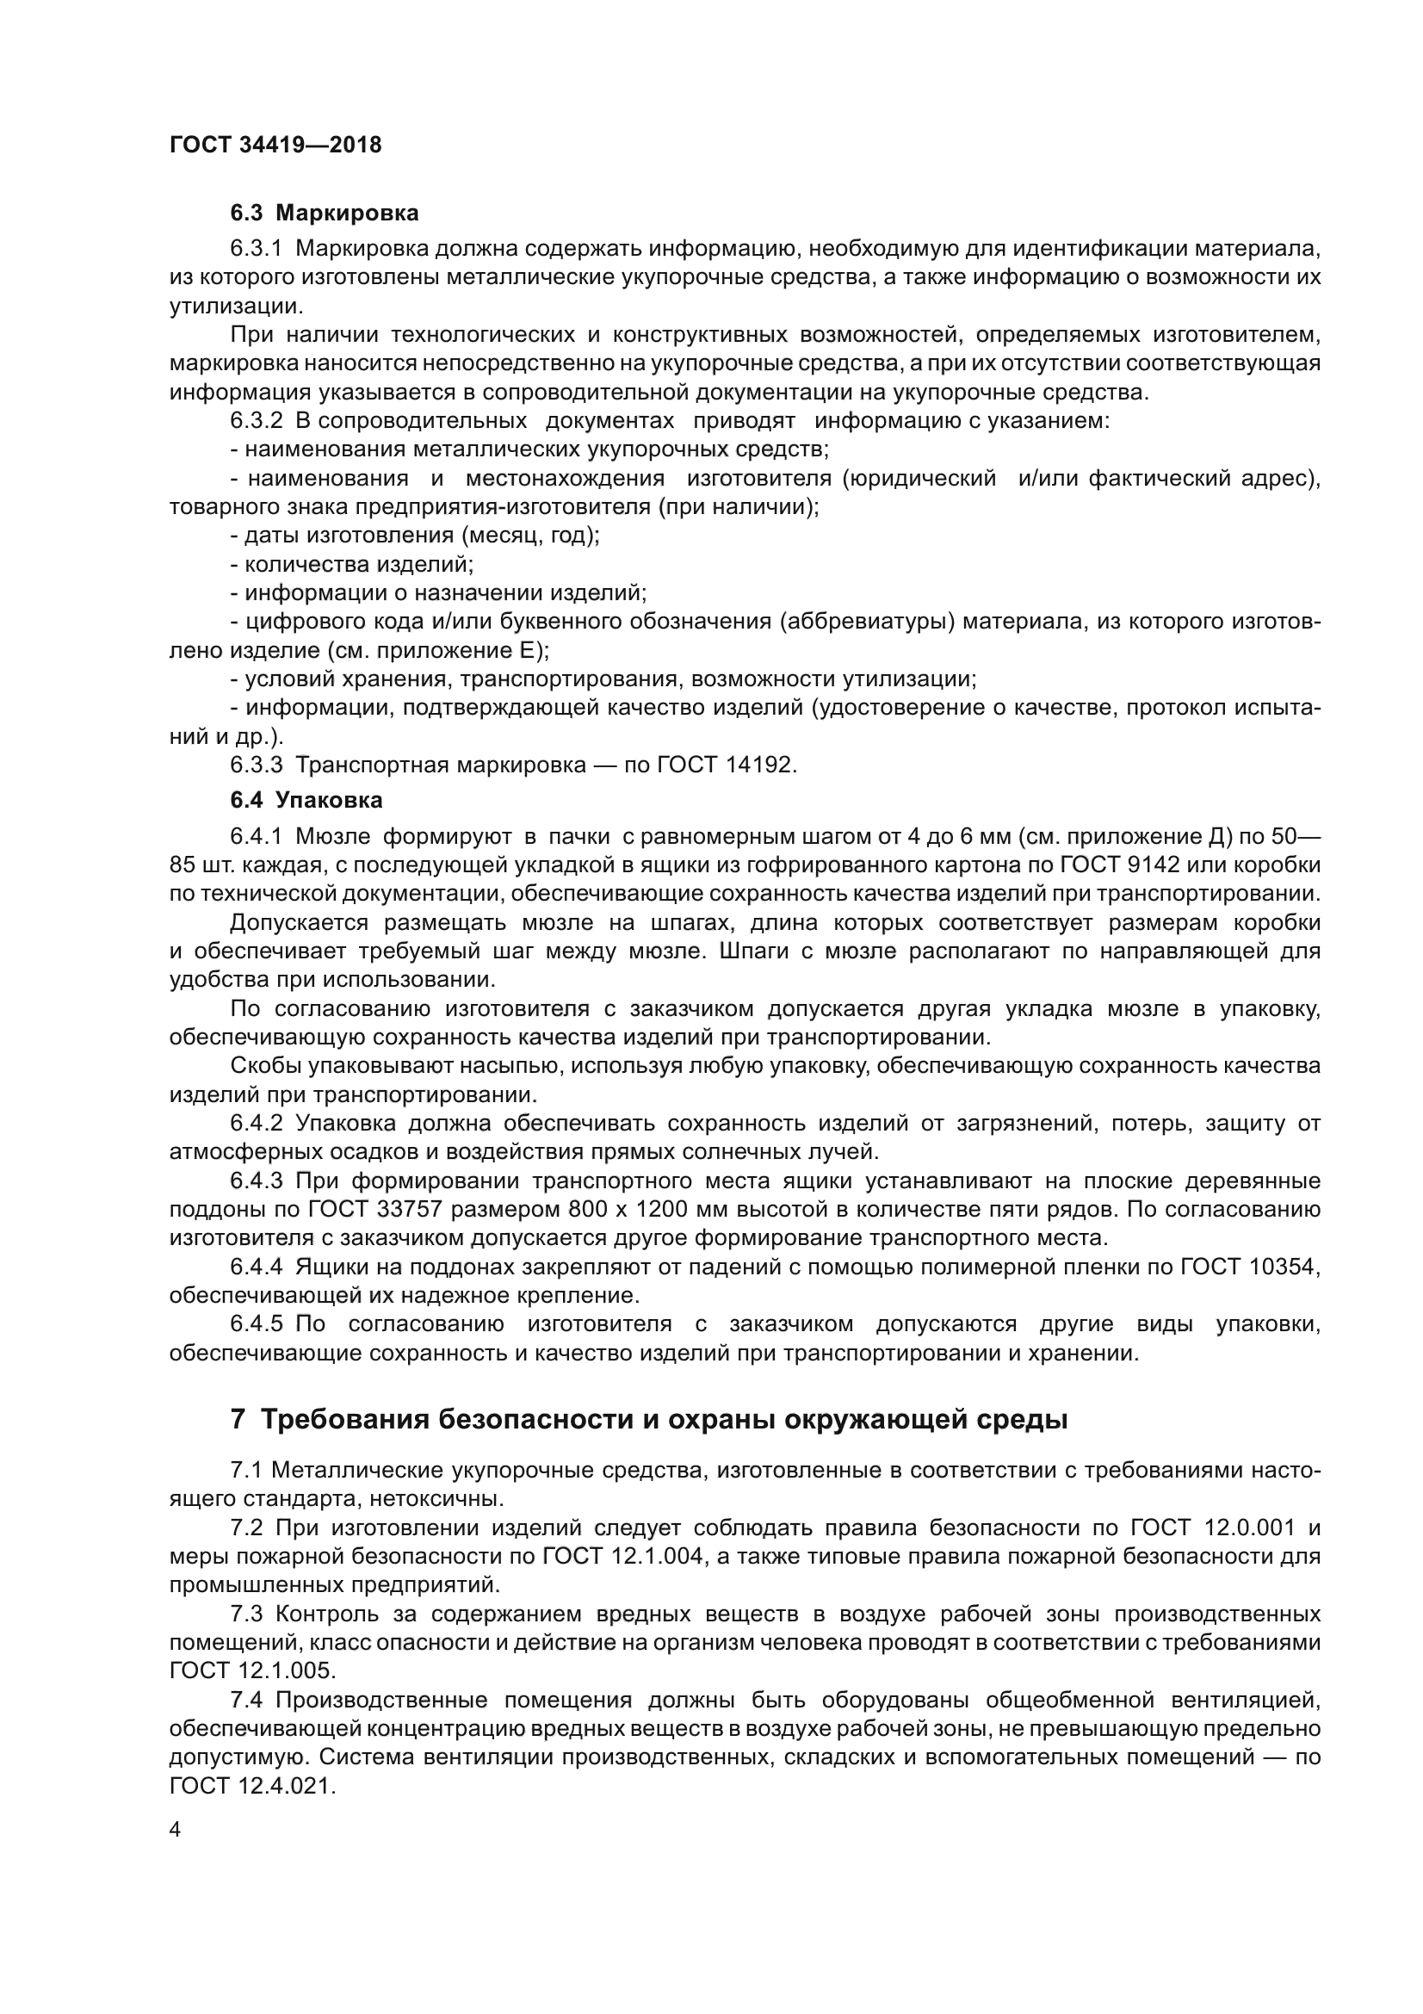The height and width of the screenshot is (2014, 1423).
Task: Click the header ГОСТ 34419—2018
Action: point(275,146)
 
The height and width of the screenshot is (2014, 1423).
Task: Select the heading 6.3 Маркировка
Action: point(324,214)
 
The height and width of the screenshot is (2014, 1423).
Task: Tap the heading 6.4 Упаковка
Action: point(306,800)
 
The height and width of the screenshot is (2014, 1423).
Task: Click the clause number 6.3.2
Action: point(256,421)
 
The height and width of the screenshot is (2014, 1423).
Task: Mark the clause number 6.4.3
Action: point(256,1181)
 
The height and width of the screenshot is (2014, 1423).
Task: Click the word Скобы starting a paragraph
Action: point(265,1066)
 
